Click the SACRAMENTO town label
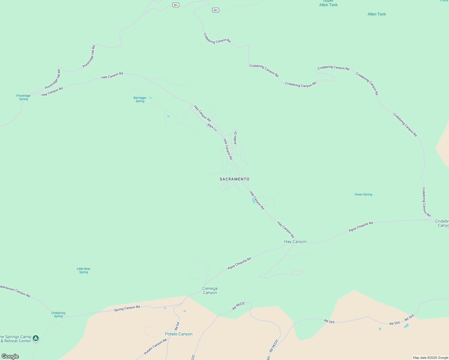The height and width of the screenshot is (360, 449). (234, 179)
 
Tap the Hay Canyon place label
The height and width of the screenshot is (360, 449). (295, 241)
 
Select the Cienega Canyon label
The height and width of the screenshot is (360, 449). (209, 290)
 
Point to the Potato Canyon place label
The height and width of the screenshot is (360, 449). (179, 334)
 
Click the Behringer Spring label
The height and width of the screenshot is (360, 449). (140, 100)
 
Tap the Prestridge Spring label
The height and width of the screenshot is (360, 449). (23, 97)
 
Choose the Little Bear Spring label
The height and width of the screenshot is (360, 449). (83, 271)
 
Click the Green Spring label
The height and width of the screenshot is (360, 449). (363, 194)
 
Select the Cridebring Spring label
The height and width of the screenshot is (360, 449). (58, 314)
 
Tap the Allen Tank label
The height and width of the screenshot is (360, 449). (377, 14)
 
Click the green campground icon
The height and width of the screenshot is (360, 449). (36, 338)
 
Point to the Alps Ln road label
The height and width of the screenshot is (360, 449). (212, 127)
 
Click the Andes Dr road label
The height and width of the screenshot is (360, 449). (236, 138)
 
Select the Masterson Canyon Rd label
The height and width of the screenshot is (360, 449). (15, 291)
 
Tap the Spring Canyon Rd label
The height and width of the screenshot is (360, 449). (127, 308)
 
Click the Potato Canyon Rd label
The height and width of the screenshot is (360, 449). (155, 347)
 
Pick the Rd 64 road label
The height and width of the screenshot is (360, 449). (177, 326)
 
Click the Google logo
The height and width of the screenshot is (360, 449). (10, 356)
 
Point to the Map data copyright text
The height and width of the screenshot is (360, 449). (430, 358)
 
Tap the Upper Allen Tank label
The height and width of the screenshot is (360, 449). (328, 3)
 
